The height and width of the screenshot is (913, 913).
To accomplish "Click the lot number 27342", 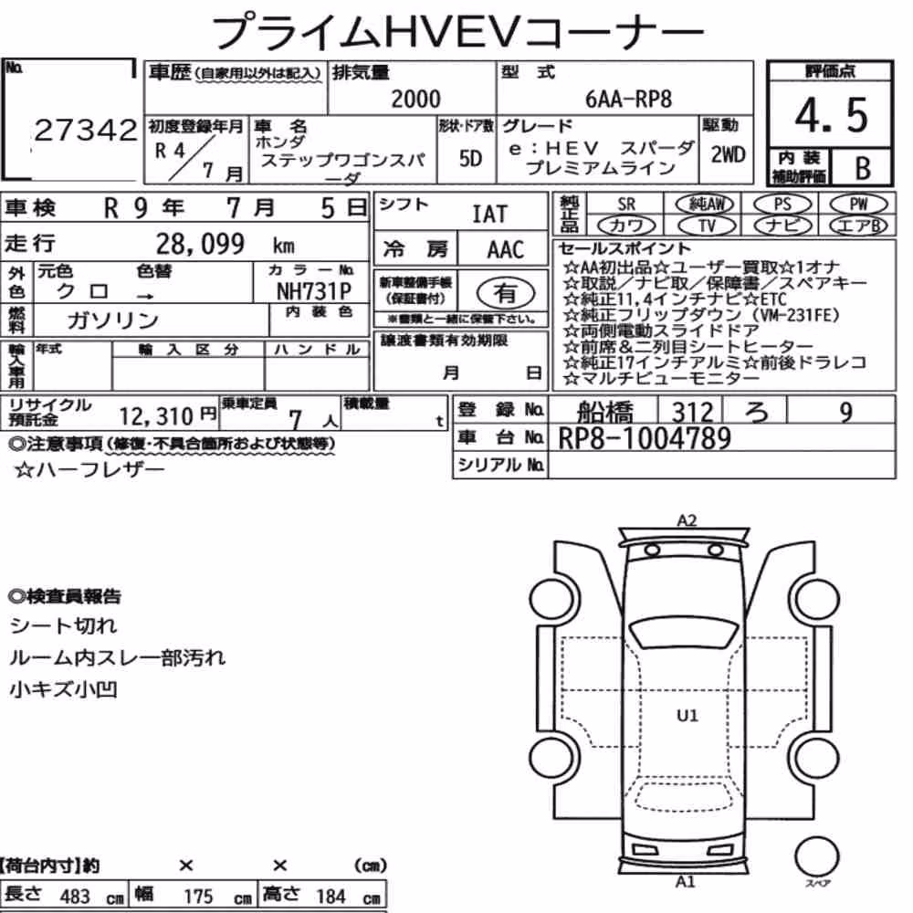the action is (x=86, y=131).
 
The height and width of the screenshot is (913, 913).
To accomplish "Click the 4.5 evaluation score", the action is (x=831, y=115).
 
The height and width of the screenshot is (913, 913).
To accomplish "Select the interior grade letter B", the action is (x=863, y=168).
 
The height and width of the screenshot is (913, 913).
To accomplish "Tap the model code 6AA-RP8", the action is (x=628, y=100).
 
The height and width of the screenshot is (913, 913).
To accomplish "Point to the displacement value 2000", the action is (x=415, y=99).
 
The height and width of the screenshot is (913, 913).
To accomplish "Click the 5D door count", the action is (x=470, y=158).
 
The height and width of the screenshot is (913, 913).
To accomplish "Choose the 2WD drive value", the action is (x=728, y=154).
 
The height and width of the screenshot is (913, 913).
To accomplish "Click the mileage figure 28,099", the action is (x=200, y=244).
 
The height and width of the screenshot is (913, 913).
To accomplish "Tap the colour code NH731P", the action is (x=314, y=290).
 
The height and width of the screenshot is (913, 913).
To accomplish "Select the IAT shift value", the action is (x=489, y=215).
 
